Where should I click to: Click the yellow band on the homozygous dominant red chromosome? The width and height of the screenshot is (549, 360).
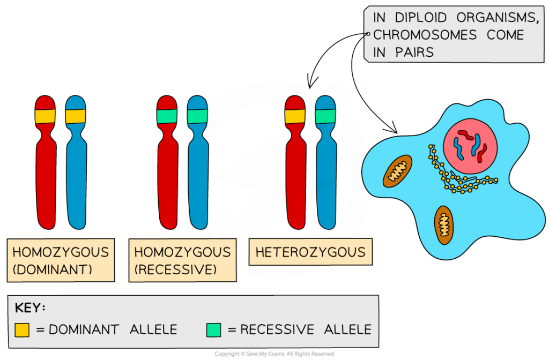[46, 116]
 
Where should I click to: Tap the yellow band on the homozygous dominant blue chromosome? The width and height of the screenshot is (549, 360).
[76, 116]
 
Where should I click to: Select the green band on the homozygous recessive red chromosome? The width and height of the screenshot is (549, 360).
[167, 116]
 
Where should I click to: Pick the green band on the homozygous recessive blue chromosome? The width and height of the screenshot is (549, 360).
[197, 116]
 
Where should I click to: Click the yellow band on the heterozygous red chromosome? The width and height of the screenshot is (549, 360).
[295, 116]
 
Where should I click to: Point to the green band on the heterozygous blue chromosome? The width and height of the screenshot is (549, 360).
[325, 116]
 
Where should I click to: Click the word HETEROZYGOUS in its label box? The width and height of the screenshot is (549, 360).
[310, 252]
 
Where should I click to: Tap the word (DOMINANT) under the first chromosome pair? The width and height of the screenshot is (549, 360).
[53, 269]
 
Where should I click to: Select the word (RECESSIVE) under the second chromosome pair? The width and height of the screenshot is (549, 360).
[175, 269]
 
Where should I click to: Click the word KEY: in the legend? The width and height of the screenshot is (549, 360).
[30, 309]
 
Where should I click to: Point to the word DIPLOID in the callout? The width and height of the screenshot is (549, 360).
[419, 18]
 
